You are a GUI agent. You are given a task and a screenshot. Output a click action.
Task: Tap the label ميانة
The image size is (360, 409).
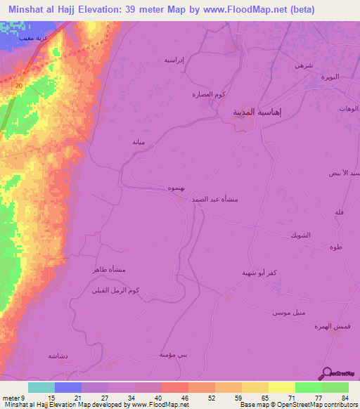139,141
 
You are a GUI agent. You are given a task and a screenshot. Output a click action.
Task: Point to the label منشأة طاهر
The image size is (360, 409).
106,270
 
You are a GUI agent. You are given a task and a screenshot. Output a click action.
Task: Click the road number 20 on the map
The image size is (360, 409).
19,85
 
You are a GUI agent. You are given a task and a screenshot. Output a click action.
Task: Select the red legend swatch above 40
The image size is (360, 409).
174,387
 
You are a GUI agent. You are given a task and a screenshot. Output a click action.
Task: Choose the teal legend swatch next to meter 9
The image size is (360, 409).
41,387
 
